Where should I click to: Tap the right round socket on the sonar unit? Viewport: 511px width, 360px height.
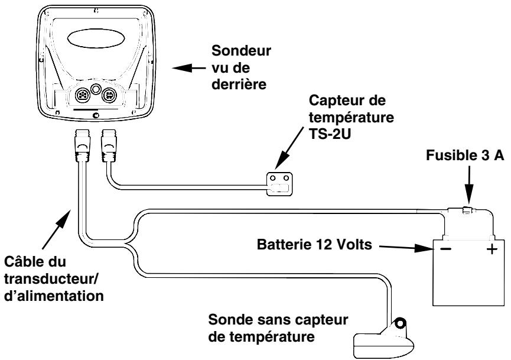click(x=108, y=95)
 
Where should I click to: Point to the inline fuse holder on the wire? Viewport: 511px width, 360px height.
click(x=465, y=209)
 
